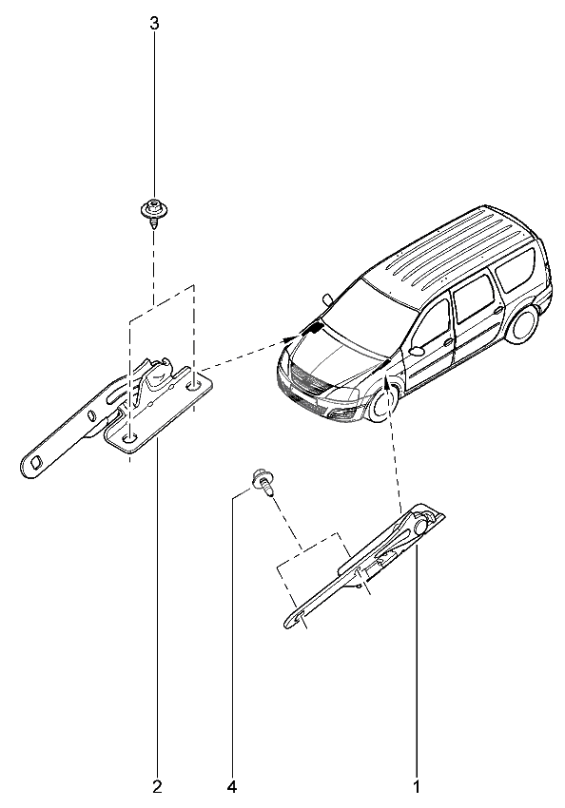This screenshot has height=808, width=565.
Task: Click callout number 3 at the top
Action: coord(154,24)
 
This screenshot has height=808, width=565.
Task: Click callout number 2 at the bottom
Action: coord(157,787)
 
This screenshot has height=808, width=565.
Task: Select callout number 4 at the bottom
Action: coord(232,787)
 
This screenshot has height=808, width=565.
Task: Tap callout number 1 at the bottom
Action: coord(417,787)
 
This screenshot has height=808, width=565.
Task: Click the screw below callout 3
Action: coord(153,211)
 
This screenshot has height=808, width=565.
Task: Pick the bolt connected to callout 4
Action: coord(263,481)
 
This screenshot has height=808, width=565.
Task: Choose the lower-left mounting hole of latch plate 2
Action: coord(128,437)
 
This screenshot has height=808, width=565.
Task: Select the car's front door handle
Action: coord(447,341)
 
